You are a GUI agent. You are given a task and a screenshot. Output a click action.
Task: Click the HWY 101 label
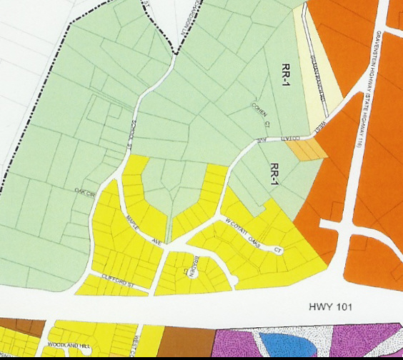331,307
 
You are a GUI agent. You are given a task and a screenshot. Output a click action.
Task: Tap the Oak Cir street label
84,190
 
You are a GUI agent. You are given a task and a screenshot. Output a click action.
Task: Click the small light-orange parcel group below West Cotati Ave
306,149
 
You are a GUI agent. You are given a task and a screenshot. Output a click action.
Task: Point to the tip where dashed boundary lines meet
173,53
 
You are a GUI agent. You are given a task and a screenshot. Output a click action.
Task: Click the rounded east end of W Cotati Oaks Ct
283,251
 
